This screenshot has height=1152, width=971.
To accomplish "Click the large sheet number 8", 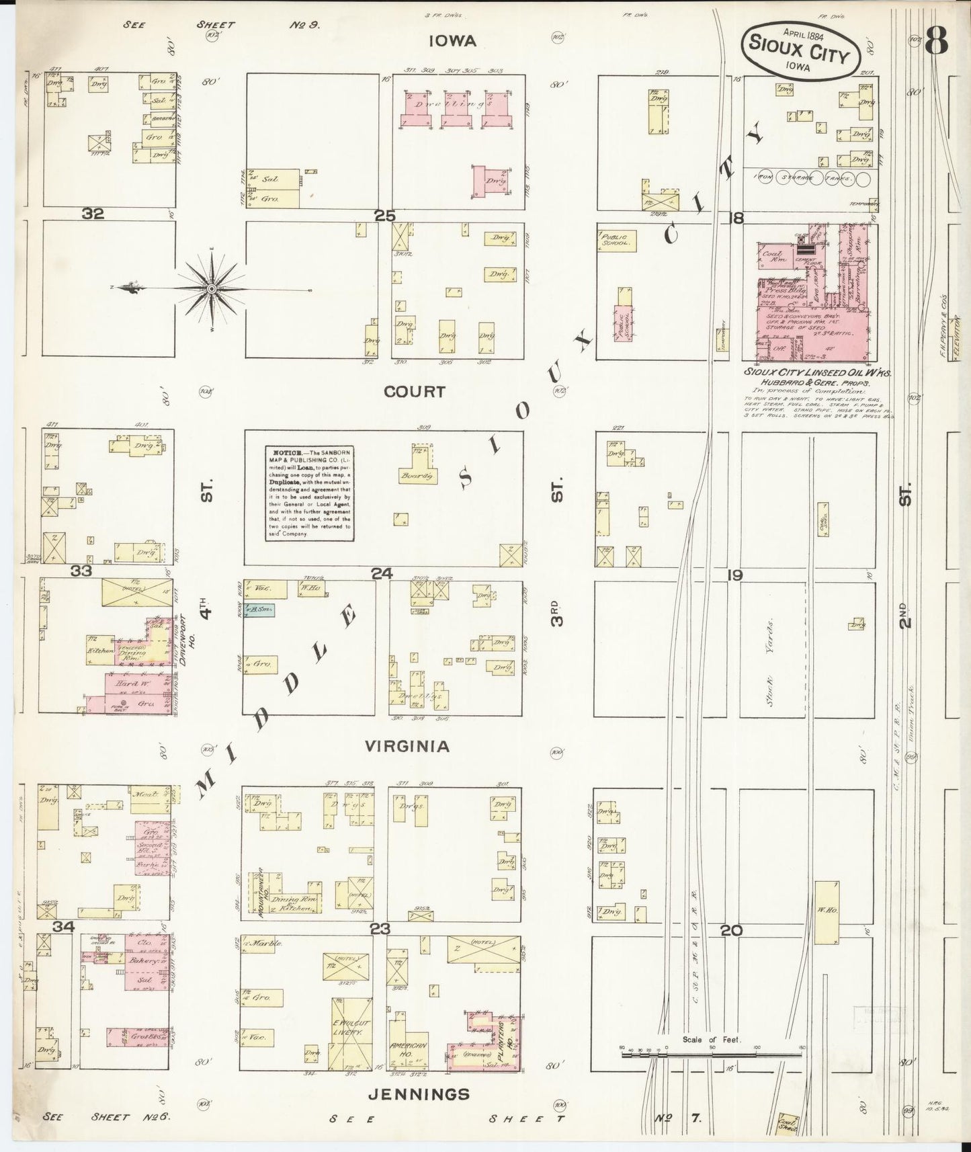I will point(935,42).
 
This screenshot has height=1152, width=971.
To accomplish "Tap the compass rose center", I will point(211,288).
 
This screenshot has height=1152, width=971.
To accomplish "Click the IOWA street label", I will point(453,41).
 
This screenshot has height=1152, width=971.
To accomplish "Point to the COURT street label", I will point(415,391).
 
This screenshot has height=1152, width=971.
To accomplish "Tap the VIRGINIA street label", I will point(407,746).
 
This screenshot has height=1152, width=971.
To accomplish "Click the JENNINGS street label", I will point(419,1094).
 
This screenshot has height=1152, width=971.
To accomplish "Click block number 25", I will point(385,216).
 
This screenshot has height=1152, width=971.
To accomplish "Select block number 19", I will point(734,575).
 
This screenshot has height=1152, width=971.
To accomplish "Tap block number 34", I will point(64,927).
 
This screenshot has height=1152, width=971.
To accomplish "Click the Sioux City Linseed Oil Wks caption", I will point(816,372).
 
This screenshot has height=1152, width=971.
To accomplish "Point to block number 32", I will point(93,214).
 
